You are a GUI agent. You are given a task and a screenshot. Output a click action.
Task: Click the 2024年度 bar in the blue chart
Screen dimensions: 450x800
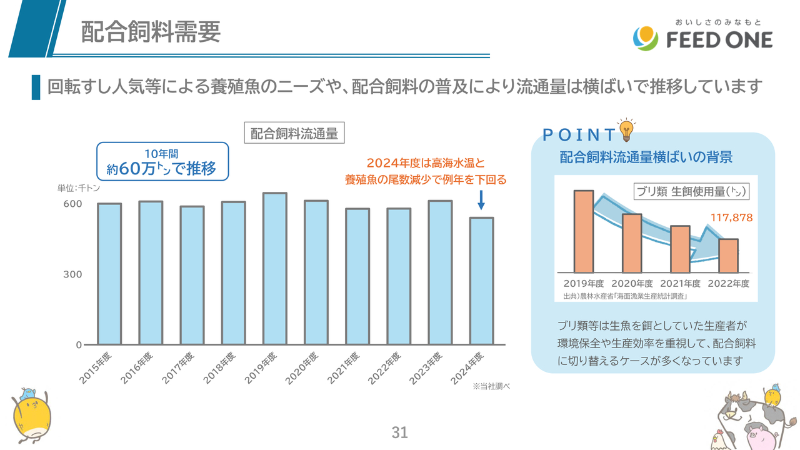click(x=481, y=281)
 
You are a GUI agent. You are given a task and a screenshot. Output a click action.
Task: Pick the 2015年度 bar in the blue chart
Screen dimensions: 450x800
click(x=109, y=274)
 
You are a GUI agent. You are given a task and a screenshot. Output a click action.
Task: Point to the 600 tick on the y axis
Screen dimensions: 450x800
click(x=72, y=204)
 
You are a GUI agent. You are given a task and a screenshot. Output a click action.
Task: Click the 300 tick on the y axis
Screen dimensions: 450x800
click(x=72, y=274)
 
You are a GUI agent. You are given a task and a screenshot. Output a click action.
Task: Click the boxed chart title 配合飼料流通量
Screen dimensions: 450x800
click(x=294, y=134)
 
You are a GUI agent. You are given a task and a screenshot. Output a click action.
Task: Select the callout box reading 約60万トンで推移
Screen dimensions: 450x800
click(x=162, y=161)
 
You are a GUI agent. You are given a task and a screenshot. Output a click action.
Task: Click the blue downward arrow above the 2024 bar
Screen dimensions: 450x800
click(x=481, y=200)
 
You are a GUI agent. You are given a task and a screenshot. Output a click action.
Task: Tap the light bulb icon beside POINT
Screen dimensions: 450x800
click(x=626, y=130)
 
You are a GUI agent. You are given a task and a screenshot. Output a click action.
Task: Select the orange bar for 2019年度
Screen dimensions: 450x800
click(x=583, y=231)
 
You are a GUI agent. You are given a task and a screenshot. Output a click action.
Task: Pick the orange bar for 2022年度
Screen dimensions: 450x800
click(x=728, y=256)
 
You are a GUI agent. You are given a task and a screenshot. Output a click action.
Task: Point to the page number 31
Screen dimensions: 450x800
click(x=399, y=432)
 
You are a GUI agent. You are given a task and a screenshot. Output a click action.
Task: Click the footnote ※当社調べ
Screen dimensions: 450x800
click(x=492, y=387)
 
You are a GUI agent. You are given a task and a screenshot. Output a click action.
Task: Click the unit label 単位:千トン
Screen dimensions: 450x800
click(x=79, y=187)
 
